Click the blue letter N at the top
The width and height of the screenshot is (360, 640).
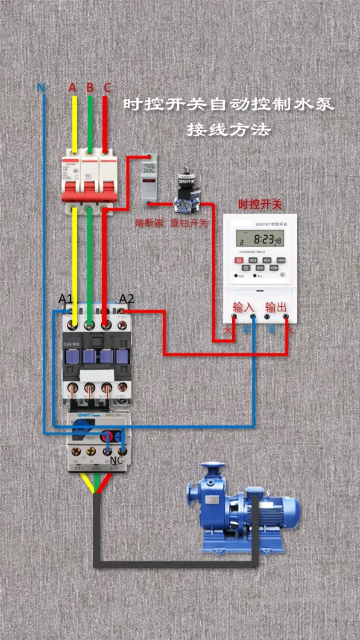41,88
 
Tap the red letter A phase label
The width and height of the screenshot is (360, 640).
73,88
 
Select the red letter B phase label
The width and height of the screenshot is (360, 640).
90,88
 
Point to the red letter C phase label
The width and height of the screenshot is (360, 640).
107,88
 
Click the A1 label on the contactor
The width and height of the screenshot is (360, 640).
65,299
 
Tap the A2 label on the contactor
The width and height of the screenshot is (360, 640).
126,299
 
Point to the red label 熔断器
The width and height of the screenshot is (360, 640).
149,223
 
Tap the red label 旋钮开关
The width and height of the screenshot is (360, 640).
189,223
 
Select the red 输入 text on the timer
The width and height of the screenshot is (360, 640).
243,307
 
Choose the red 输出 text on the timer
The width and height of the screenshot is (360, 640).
276,307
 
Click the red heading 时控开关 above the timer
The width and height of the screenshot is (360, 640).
260,204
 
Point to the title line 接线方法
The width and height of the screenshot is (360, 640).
229,129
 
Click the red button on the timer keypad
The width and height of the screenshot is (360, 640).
239,260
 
